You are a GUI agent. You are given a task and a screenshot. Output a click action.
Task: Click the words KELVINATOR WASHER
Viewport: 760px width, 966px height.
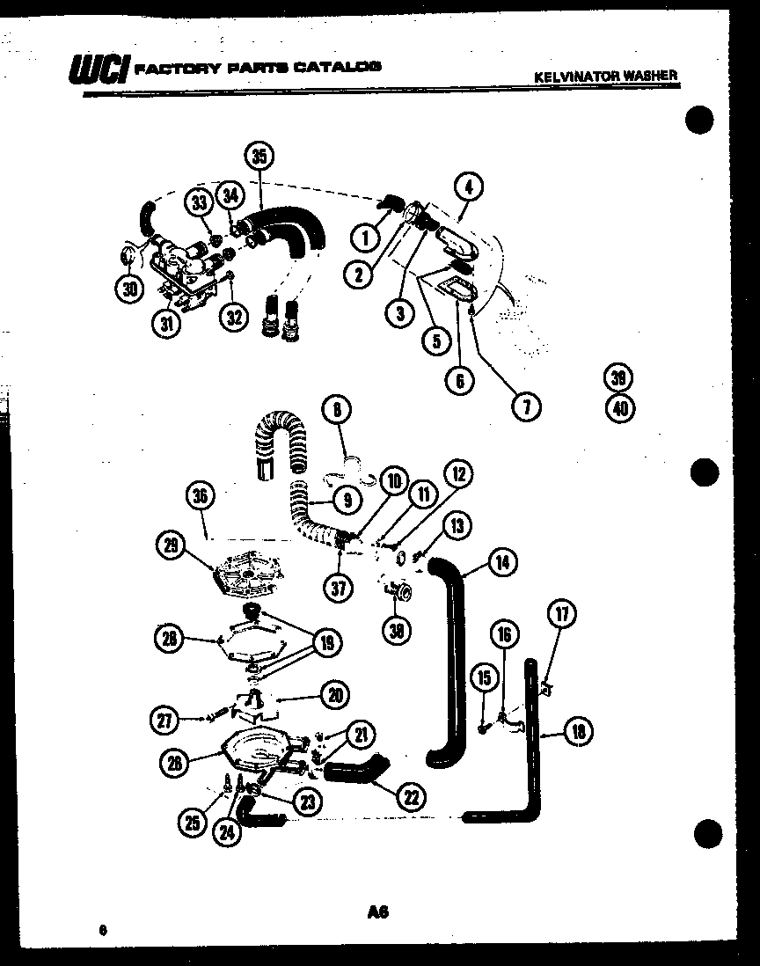pos(606,76)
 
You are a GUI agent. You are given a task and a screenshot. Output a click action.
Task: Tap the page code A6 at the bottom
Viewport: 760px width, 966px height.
pos(378,913)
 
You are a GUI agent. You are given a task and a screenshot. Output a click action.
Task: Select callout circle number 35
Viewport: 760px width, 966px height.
pos(258,157)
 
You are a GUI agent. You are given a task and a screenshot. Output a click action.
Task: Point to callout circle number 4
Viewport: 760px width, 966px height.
pos(469,187)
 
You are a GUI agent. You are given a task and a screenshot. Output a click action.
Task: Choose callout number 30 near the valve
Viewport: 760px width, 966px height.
pos(129,289)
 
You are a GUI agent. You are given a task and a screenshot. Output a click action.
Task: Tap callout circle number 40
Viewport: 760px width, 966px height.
pos(619,407)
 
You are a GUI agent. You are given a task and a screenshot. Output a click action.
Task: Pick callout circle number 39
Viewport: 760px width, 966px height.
pos(619,378)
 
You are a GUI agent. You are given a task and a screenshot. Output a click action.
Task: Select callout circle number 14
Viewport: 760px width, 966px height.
pos(501,561)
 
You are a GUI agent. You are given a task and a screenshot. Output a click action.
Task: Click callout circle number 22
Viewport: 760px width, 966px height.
pos(409,797)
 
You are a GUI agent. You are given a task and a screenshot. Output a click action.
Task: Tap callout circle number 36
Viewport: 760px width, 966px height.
pos(201,497)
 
